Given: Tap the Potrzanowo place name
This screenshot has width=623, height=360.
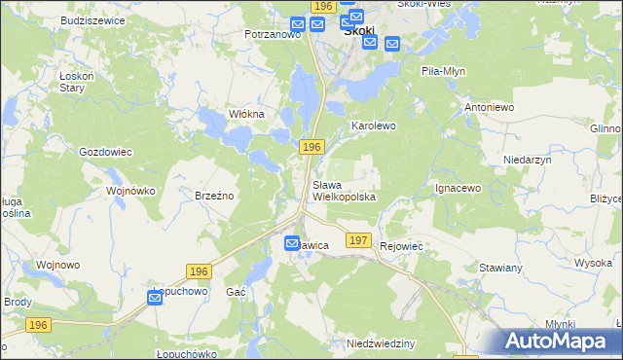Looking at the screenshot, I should click(273, 34).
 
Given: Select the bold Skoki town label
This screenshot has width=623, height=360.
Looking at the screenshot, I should click(360, 31).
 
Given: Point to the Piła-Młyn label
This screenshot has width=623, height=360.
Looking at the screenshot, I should click(446, 71).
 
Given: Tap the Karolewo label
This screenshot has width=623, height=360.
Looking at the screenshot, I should click(374, 126).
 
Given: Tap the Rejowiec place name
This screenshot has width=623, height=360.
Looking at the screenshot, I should click(403, 247).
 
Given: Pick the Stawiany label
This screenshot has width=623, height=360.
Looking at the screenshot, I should click(502, 267).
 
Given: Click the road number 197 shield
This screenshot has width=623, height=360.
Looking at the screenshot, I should click(358, 239).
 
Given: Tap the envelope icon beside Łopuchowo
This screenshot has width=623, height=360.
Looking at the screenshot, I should click(156, 301).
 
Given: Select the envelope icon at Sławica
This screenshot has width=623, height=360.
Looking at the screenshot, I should click(292, 243).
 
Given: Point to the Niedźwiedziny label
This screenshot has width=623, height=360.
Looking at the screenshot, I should click(381, 344).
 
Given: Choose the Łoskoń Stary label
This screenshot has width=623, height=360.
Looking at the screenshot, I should click(73, 81).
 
